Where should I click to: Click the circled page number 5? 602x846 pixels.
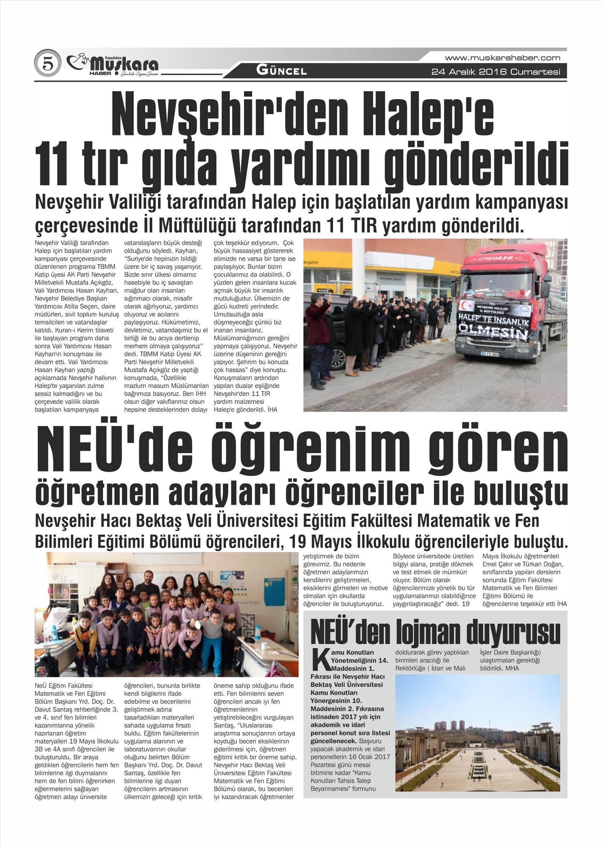tap(48, 63)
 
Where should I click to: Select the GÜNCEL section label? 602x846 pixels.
tap(281, 71)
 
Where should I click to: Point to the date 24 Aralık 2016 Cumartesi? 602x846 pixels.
tap(495, 72)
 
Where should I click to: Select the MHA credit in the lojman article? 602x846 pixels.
tap(512, 668)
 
